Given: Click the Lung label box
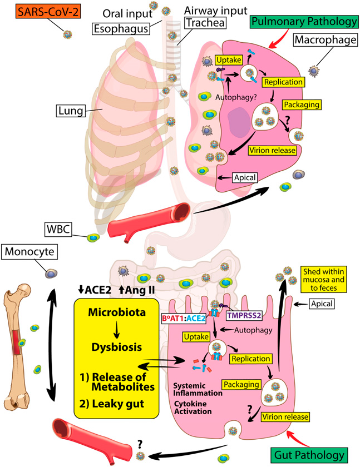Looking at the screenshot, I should click(x=69, y=112).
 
